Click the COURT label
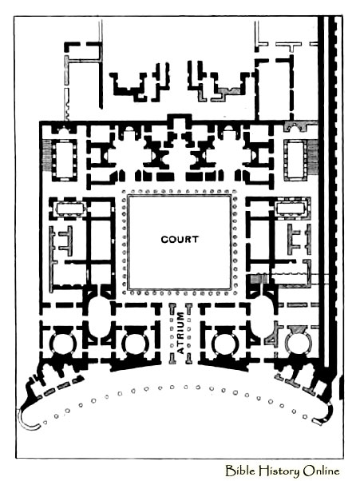(x=180, y=239)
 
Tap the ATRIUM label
(x=181, y=332)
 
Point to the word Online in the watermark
(x=322, y=471)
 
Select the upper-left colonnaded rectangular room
(x=65, y=159)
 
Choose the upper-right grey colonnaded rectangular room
(x=295, y=159)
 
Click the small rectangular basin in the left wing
(x=70, y=209)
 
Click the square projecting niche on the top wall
(x=180, y=121)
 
